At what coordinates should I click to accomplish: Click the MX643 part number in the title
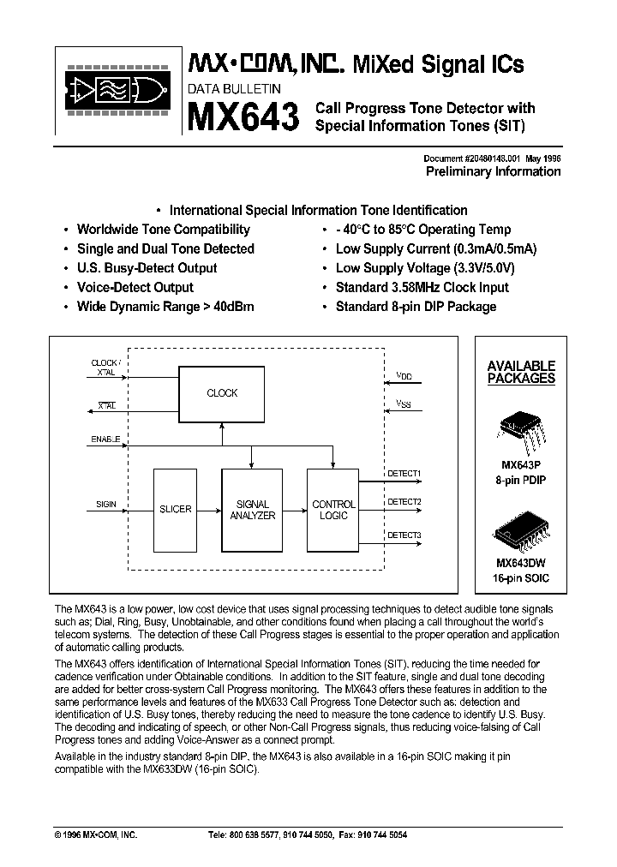pyautogui.click(x=243, y=117)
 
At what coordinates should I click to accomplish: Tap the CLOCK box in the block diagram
pyautogui.click(x=222, y=393)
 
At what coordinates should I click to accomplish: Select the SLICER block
pyautogui.click(x=176, y=510)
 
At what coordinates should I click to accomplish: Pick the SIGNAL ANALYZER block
pyautogui.click(x=252, y=510)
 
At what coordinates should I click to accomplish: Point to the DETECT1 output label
pyautogui.click(x=404, y=473)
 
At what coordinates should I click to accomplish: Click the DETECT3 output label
pyautogui.click(x=404, y=535)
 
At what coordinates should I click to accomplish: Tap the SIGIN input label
pyautogui.click(x=105, y=505)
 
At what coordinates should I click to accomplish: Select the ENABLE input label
pyautogui.click(x=105, y=439)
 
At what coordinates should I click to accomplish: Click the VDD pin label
pyautogui.click(x=404, y=376)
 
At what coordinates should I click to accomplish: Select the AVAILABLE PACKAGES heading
pyautogui.click(x=521, y=371)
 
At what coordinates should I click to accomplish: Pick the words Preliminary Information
pyautogui.click(x=493, y=171)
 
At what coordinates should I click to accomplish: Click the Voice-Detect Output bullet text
pyautogui.click(x=135, y=287)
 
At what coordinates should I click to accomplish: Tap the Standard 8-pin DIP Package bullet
pyautogui.click(x=416, y=306)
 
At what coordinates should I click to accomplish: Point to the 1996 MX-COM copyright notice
pyautogui.click(x=95, y=834)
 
